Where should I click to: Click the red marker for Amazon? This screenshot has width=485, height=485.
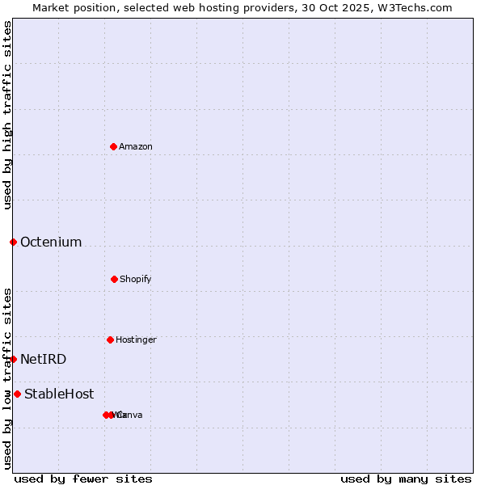click(x=113, y=146)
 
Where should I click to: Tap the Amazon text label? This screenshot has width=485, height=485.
click(x=136, y=146)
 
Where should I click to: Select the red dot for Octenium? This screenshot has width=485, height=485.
click(x=13, y=242)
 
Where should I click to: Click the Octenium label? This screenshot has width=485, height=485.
click(x=51, y=242)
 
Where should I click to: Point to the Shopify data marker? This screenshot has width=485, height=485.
click(x=114, y=279)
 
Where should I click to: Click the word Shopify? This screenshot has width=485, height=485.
click(x=136, y=279)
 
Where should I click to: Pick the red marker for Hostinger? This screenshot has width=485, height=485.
click(x=110, y=339)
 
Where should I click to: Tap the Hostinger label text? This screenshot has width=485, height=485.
click(x=136, y=339)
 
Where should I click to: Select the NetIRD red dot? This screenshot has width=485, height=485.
click(x=13, y=359)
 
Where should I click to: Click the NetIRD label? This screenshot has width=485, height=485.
click(x=43, y=359)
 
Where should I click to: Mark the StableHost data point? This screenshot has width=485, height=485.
click(x=17, y=394)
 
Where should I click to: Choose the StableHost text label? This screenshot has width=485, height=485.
click(x=59, y=394)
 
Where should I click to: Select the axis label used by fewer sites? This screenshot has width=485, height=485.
click(x=83, y=479)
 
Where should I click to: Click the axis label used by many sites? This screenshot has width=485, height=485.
click(x=406, y=479)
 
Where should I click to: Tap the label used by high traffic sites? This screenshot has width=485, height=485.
click(x=7, y=115)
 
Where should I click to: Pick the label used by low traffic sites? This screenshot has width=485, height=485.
click(x=7, y=378)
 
